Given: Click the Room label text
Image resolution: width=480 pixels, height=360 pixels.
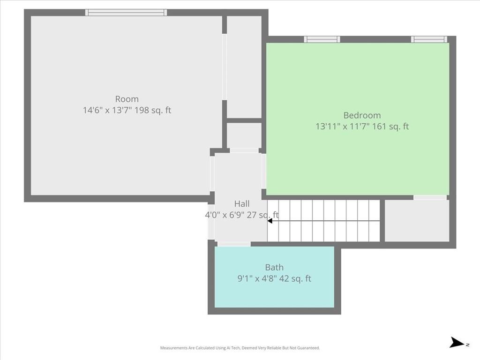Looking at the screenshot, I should point(127,99).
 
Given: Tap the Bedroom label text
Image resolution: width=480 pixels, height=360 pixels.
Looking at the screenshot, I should point(362,115).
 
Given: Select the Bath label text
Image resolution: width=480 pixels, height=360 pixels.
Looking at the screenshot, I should point(274,267).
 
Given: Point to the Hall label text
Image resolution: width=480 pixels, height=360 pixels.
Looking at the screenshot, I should point(242,204).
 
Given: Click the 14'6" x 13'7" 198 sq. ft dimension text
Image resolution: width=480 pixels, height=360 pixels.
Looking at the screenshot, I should point(127,111).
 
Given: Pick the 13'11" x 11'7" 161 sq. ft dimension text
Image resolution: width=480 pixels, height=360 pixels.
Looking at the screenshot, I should point(362,127).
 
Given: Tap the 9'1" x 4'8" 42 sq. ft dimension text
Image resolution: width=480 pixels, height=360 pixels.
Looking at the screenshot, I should point(274,279).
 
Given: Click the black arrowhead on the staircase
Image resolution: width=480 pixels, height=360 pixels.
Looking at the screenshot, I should point(270,221).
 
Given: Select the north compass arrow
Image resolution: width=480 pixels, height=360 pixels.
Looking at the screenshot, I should point(457,343).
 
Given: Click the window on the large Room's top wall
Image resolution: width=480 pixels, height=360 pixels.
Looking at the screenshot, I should point(126,13).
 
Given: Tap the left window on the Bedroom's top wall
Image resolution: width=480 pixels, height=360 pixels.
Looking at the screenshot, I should point(322,39).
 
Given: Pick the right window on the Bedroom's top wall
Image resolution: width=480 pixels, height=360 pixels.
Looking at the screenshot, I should point(429,39).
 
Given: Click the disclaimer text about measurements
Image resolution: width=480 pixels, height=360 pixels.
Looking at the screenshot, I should point(240,348).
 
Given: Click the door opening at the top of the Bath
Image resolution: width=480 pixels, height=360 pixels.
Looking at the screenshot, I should point(234,244).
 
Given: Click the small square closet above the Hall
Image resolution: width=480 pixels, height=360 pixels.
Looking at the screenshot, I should point(244,135).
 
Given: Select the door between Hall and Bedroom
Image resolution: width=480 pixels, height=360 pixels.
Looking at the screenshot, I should point(264,171).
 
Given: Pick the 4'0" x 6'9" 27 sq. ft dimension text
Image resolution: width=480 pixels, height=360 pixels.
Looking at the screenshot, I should point(242,215).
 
